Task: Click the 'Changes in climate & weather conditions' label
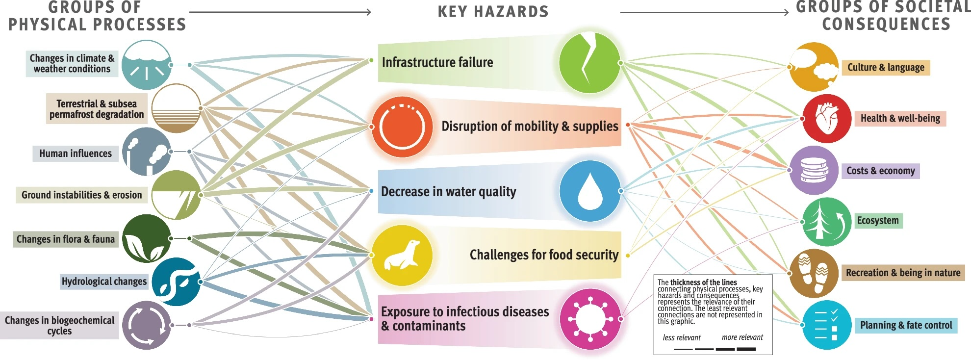[x=72, y=63]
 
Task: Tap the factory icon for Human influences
[x=147, y=152]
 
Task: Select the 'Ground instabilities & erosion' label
[x=81, y=195]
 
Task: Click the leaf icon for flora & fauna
[x=147, y=238]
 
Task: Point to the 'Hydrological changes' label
[x=104, y=282]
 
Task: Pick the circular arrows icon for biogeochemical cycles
[x=147, y=325]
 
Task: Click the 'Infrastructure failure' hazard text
[x=437, y=62]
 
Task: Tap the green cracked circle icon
[x=590, y=63]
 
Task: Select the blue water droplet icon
[x=590, y=191]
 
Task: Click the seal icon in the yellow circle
[x=402, y=255]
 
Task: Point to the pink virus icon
[x=590, y=319]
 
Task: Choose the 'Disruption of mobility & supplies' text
[x=530, y=126]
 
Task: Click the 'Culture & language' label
[x=886, y=67]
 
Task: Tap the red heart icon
[x=827, y=119]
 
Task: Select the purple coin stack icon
[x=814, y=170]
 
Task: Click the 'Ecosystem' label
[x=878, y=221]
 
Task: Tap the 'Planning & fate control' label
[x=906, y=325]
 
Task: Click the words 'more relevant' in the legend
[x=742, y=337]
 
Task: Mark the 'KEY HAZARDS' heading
[x=493, y=11]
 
